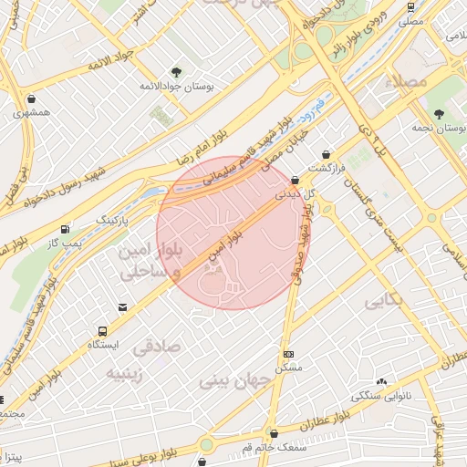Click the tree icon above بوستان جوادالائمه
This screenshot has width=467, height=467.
point(176,71)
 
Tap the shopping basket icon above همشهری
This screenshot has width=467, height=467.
point(32,99)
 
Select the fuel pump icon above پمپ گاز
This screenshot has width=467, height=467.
point(64,229)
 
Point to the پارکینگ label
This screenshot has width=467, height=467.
point(114,220)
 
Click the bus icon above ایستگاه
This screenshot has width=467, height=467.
point(102,331)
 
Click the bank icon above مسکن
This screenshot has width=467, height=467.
point(289,354)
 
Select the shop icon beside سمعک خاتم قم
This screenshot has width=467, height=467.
point(274,433)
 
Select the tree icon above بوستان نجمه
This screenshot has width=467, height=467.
point(440,115)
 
